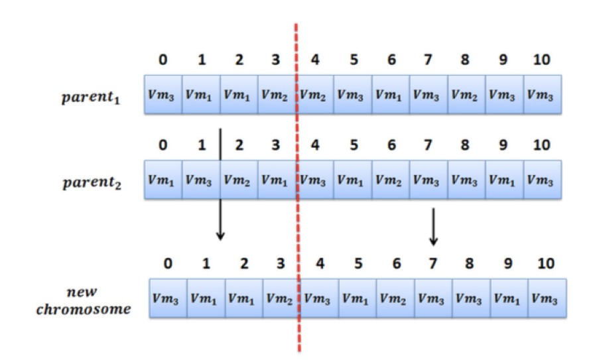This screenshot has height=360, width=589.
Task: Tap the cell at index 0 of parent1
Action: pos(163,94)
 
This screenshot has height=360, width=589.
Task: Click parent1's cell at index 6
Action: pos(391,94)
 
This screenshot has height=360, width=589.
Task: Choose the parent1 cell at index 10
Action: pos(543,94)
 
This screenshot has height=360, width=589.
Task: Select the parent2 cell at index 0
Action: pos(163,180)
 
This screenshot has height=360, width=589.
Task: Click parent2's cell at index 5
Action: pos(353,180)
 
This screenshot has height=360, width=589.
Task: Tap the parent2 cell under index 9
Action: pos(505,180)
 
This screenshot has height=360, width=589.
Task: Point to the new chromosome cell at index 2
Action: pos(244,298)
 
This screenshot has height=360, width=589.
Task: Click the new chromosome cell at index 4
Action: pos(320,298)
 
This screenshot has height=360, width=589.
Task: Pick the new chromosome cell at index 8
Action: pos(472,298)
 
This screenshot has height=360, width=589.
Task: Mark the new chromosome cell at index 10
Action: pos(548,298)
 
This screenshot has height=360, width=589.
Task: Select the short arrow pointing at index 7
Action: pos(433,226)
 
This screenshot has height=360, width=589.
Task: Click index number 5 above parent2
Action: pos(354,145)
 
